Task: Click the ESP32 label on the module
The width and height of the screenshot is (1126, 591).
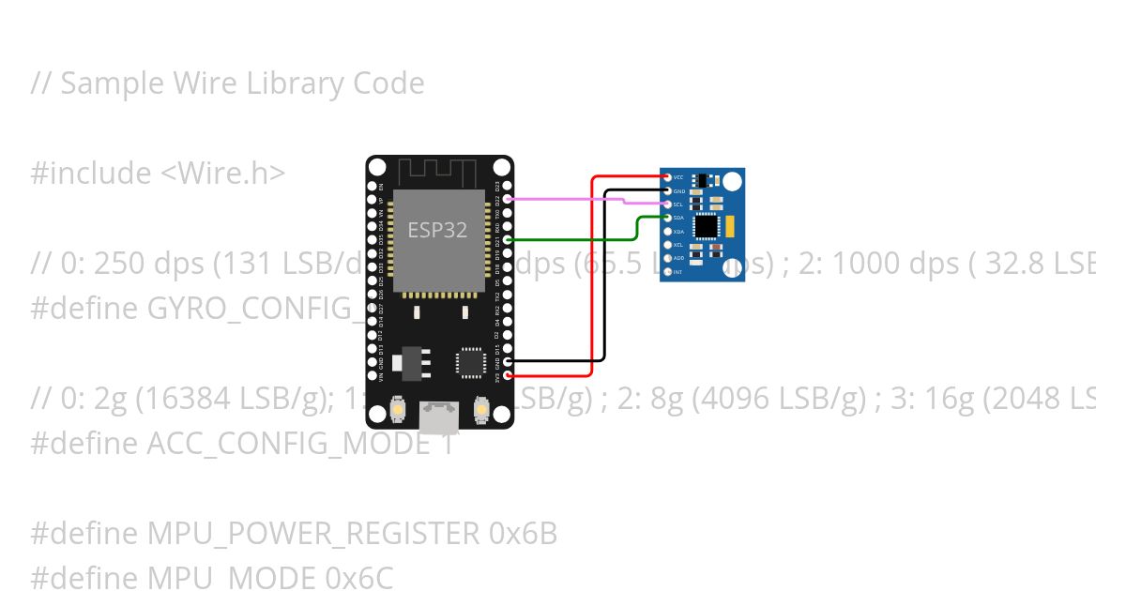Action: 437,230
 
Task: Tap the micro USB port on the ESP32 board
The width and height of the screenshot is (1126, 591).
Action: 440,414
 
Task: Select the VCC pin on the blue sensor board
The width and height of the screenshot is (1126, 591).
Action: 667,177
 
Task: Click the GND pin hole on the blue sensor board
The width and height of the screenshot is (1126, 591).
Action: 667,190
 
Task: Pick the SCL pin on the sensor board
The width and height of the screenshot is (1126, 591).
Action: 667,205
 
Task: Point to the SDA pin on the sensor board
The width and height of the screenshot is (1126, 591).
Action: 667,218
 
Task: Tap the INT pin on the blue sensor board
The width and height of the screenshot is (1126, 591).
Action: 667,272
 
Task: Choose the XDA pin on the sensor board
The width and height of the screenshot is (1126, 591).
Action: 667,231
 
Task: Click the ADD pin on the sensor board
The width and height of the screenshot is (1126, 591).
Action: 667,258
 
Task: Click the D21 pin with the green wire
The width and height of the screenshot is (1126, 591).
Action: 508,240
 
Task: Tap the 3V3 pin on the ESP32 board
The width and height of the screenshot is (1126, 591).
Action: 508,375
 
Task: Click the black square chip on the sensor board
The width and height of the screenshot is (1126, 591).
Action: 707,226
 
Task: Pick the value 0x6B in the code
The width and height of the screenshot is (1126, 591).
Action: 523,534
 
